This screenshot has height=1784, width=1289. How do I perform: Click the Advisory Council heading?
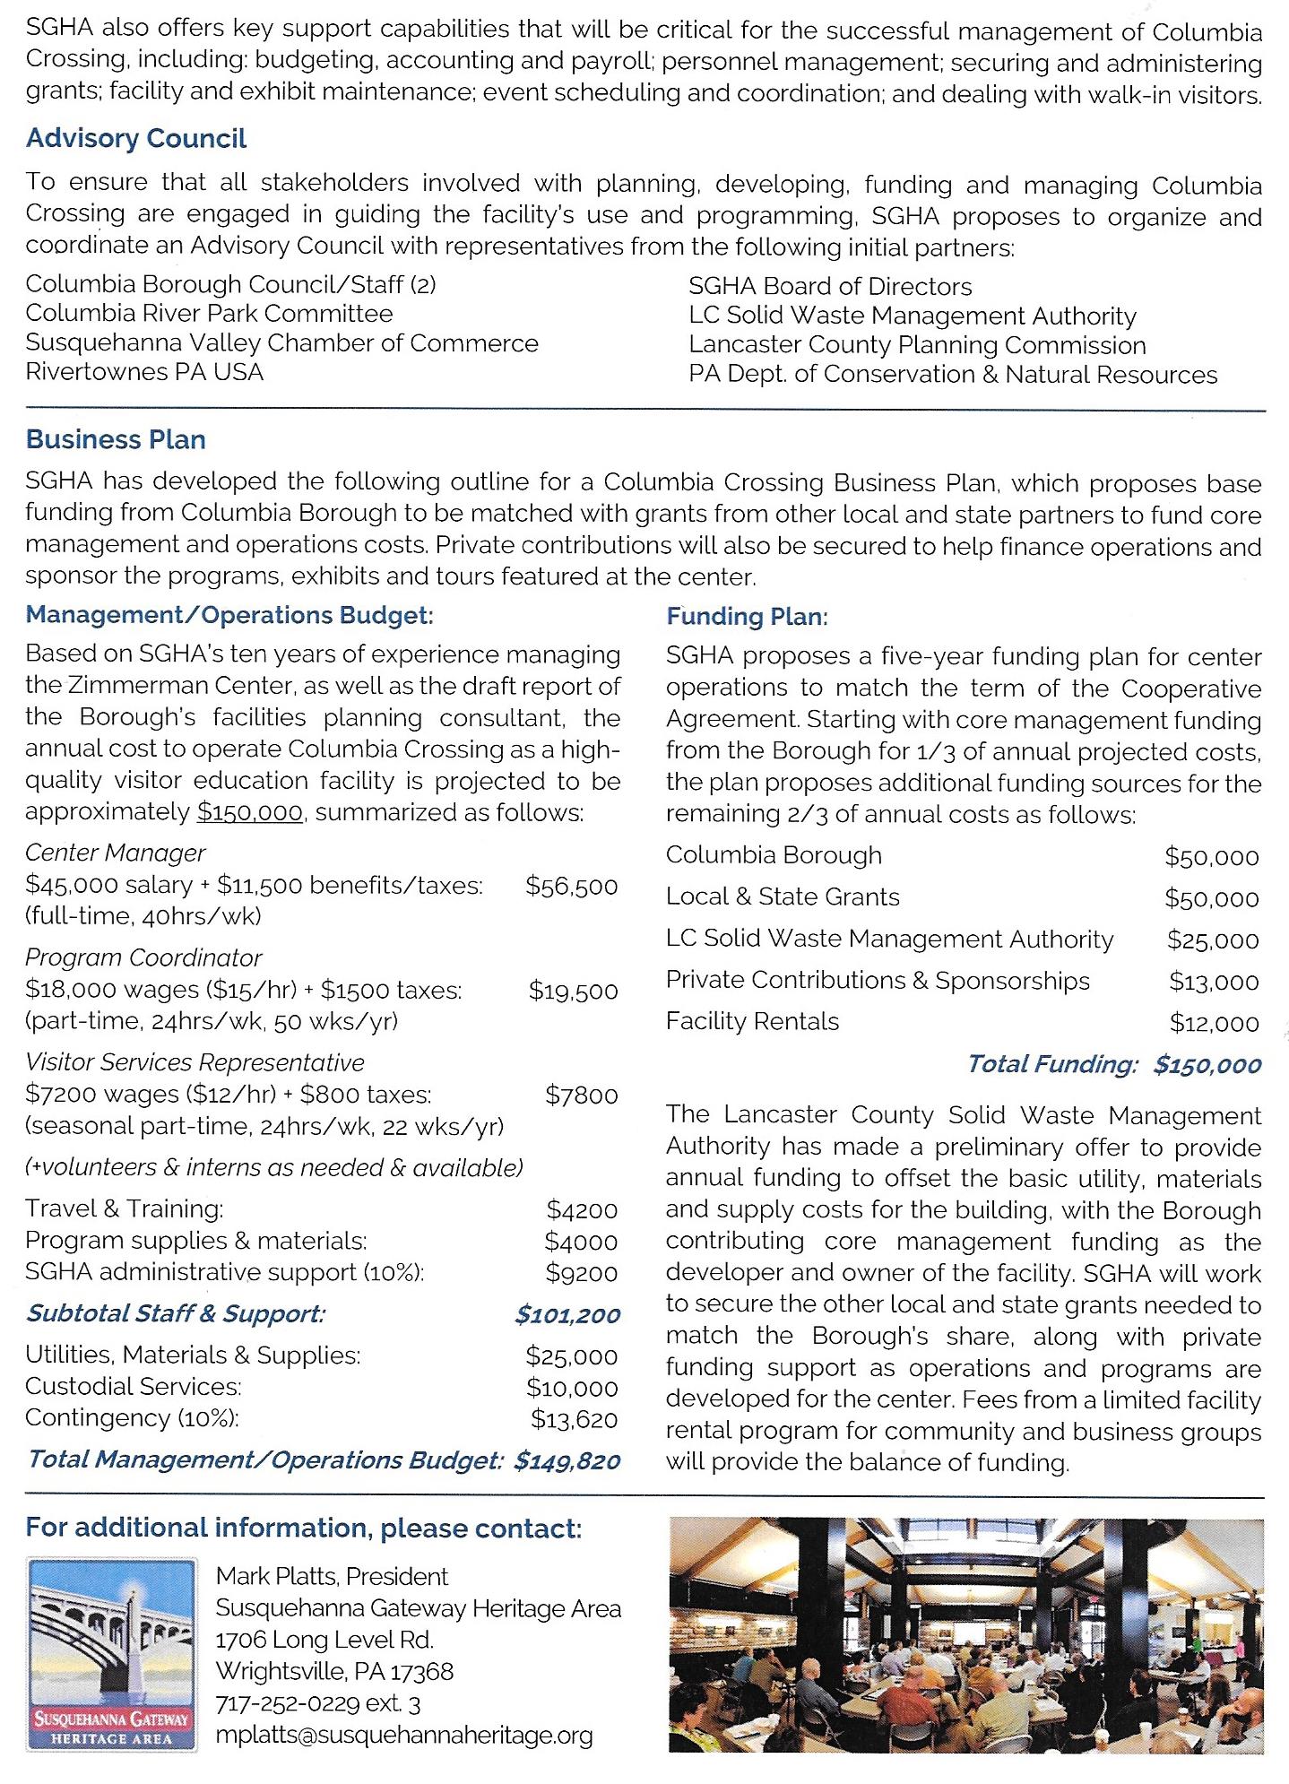click(x=136, y=139)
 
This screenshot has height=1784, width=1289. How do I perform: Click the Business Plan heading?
click(x=116, y=439)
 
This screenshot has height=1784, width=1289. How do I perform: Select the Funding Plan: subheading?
click(x=747, y=617)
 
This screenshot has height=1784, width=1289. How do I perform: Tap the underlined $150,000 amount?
click(x=250, y=812)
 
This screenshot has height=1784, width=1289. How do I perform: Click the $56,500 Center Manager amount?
click(x=571, y=887)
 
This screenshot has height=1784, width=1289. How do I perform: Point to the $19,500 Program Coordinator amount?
click(x=573, y=991)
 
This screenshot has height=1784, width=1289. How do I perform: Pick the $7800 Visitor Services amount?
click(x=581, y=1095)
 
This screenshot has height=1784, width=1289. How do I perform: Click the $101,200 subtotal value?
click(x=567, y=1315)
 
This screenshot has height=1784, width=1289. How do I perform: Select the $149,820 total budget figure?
click(x=567, y=1461)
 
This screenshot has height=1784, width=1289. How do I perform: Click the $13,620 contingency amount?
click(x=574, y=1420)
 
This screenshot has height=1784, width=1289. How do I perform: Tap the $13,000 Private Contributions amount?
click(x=1214, y=982)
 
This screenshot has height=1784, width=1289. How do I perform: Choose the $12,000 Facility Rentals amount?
click(x=1214, y=1023)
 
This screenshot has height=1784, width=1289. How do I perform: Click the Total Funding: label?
click(x=1052, y=1064)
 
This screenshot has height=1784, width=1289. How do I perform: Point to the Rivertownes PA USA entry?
click(x=144, y=372)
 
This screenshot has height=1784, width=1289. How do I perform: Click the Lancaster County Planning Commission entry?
click(x=917, y=345)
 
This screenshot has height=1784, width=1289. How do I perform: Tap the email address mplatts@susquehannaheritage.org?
click(x=404, y=1736)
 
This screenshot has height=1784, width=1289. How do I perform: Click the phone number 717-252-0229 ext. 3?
click(x=318, y=1703)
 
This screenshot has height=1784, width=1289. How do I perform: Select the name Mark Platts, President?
click(x=332, y=1576)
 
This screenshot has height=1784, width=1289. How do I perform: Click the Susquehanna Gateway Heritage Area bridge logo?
click(x=112, y=1654)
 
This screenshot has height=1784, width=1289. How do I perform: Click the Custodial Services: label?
click(x=134, y=1387)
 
